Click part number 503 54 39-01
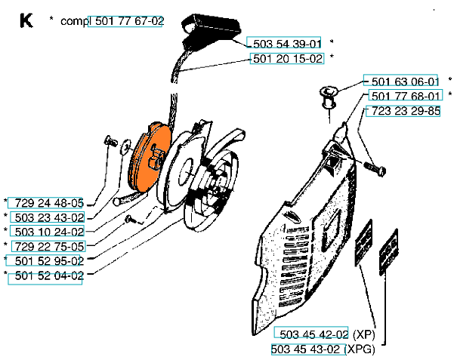[287, 44]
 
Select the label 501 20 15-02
[288, 58]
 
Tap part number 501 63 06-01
[405, 82]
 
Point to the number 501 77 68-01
[406, 96]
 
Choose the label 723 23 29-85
[406, 110]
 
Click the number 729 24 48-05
[49, 203]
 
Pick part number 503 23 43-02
[49, 217]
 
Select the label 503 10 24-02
[49, 232]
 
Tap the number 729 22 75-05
[49, 247]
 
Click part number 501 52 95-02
[49, 261]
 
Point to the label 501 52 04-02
[49, 275]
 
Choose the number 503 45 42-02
[313, 334]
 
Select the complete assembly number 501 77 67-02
[129, 21]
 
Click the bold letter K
[26, 21]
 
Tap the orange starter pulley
[150, 157]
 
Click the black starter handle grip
[211, 29]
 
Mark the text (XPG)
[360, 349]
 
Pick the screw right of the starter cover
[375, 169]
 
